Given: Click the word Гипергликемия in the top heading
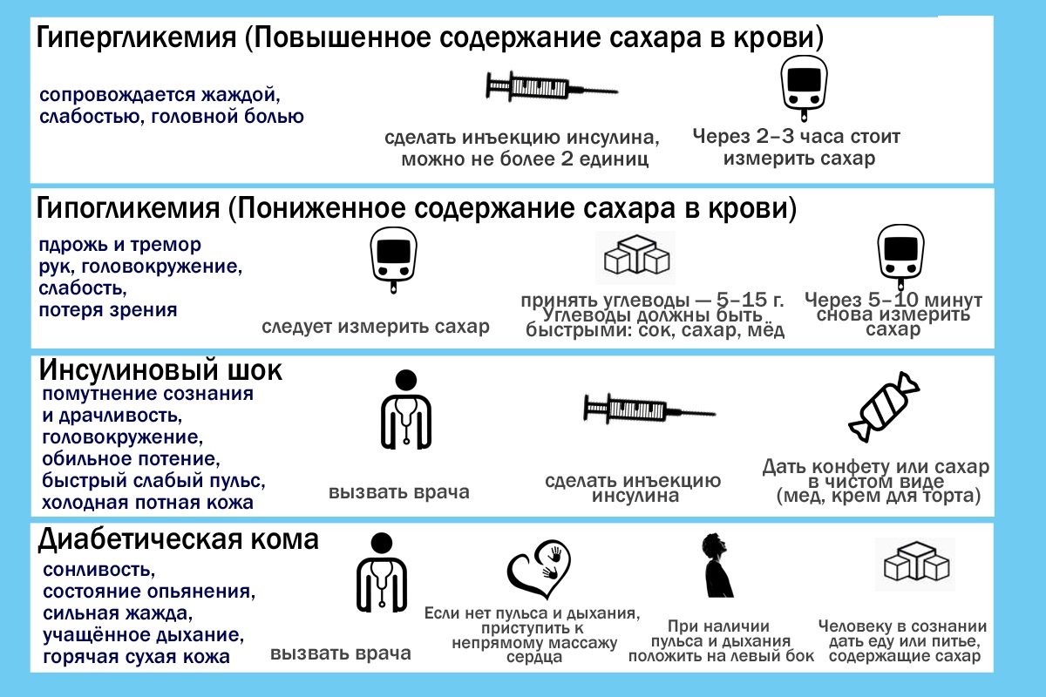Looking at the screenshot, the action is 136,38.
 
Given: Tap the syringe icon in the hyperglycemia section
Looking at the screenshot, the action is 552,86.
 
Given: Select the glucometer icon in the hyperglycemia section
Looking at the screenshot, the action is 804,88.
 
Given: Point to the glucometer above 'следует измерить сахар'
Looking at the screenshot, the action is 393,260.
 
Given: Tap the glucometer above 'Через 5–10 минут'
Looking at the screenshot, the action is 900,257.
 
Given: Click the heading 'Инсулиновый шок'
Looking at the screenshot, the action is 160,370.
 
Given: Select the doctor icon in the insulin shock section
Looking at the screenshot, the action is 406,409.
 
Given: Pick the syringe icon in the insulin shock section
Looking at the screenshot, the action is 649,409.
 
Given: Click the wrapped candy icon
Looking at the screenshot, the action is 884,407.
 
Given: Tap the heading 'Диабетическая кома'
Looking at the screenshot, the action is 179,539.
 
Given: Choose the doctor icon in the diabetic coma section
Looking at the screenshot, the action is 382,572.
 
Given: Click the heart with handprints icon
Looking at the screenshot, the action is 539,569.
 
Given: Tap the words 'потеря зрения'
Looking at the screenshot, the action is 108,310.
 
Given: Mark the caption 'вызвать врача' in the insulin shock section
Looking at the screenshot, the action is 399,492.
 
